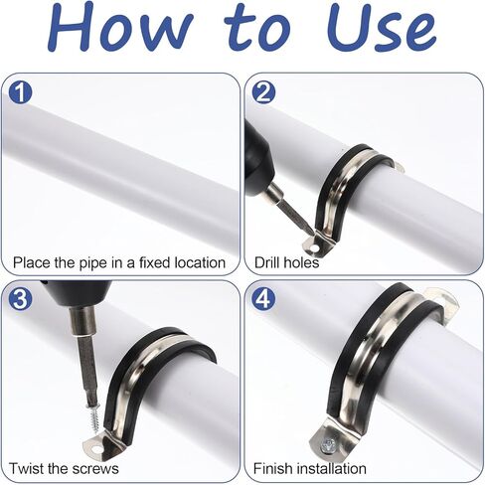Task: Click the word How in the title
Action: pos(120,27)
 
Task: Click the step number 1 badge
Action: pos(20,91)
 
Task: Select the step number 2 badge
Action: pos(263,91)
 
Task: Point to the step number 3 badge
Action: pos(20,299)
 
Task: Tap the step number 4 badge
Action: pos(263,299)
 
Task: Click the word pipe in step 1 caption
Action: pos(92,263)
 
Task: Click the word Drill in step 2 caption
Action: pos(265,262)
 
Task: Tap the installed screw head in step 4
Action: pos(329,444)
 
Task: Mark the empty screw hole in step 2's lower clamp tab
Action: pos(313,247)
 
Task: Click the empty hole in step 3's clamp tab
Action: pos(96,449)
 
